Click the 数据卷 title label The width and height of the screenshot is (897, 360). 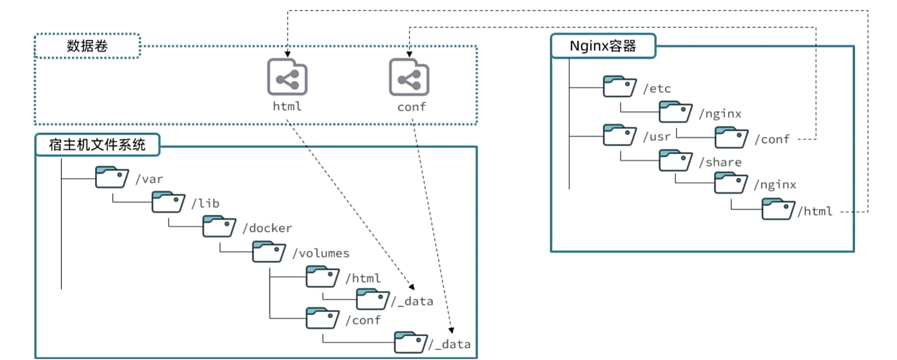(x=87, y=46)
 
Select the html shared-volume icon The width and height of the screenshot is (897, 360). (x=288, y=78)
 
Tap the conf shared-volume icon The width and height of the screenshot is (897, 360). (x=409, y=78)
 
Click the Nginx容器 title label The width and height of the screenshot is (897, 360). (x=603, y=46)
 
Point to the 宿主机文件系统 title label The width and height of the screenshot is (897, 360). (x=97, y=145)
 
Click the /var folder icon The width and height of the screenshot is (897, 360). (x=111, y=177)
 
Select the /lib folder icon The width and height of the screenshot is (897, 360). (x=168, y=202)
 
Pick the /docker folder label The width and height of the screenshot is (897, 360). (x=267, y=228)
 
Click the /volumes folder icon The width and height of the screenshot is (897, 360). (x=269, y=251)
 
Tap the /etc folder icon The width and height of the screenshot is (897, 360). (x=620, y=86)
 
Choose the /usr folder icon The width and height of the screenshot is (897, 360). (x=620, y=135)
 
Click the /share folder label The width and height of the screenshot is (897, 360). (x=720, y=162)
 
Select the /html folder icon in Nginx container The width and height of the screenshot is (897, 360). (x=778, y=209)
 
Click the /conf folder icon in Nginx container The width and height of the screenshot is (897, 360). (x=731, y=137)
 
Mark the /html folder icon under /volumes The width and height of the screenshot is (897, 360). (x=322, y=277)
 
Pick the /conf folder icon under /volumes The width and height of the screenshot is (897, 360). (x=322, y=318)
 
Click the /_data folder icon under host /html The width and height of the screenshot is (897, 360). (x=373, y=299)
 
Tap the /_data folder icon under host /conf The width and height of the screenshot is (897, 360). (x=411, y=342)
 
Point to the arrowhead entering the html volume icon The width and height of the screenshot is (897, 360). (x=288, y=54)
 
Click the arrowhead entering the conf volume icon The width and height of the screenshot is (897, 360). (x=410, y=54)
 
